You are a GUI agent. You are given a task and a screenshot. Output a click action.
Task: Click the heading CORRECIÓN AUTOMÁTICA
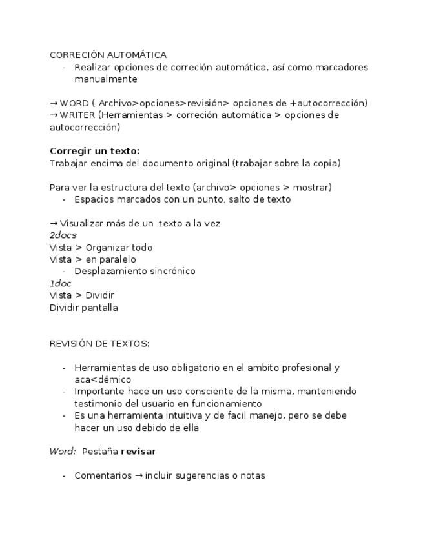(x=108, y=55)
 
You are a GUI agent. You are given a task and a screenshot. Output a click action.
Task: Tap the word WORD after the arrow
(x=74, y=103)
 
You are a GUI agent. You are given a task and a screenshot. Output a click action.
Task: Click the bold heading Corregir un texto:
(x=94, y=151)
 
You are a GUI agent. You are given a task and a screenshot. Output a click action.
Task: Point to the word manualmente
(x=106, y=79)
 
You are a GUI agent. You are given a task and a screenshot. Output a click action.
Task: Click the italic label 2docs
(x=63, y=235)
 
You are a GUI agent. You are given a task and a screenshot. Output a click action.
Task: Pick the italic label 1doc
(x=60, y=284)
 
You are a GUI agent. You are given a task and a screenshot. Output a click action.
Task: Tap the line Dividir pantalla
(x=84, y=308)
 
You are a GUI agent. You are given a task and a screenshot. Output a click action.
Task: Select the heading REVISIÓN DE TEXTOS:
(x=99, y=344)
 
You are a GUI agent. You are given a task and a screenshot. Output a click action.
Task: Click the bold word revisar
(x=138, y=452)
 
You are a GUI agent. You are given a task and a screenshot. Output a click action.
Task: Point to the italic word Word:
(x=63, y=452)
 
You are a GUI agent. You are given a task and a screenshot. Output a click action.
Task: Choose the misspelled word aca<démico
(x=103, y=380)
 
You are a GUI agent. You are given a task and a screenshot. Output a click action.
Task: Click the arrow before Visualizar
(x=54, y=224)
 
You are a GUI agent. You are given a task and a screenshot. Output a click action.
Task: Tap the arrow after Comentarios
(x=138, y=476)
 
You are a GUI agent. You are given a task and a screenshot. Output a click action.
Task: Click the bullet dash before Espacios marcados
(x=64, y=199)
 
